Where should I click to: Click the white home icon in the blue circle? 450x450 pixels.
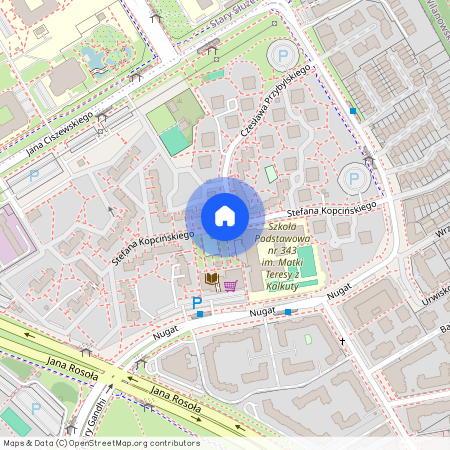[225, 216]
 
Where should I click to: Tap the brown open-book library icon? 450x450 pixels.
[211, 278]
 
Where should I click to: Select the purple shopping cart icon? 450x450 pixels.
[231, 285]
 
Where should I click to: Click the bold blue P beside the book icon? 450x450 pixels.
[197, 301]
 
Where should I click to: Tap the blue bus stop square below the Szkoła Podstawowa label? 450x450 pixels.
[288, 312]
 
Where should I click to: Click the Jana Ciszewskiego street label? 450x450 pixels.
[59, 132]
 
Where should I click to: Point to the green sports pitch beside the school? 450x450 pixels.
[308, 263]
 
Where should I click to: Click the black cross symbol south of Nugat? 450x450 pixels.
[342, 342]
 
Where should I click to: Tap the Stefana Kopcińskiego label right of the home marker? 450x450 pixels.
[331, 209]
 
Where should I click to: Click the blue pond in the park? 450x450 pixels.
[96, 58]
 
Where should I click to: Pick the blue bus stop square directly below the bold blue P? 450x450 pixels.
[199, 314]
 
